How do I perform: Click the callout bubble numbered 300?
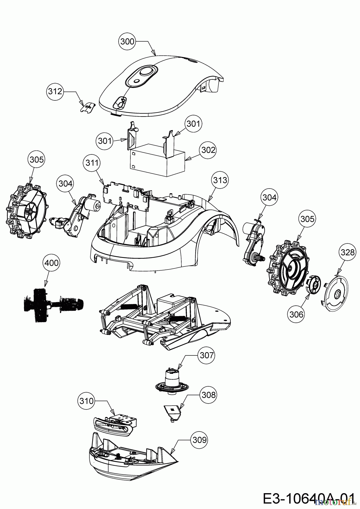127,42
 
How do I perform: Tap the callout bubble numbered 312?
55,91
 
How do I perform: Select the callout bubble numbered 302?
208,150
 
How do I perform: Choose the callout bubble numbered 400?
52,263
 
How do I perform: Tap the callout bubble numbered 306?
296,314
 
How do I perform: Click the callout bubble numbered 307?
207,355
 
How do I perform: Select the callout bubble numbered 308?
208,395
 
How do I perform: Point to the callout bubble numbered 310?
86,401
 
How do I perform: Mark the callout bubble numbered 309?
199,440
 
